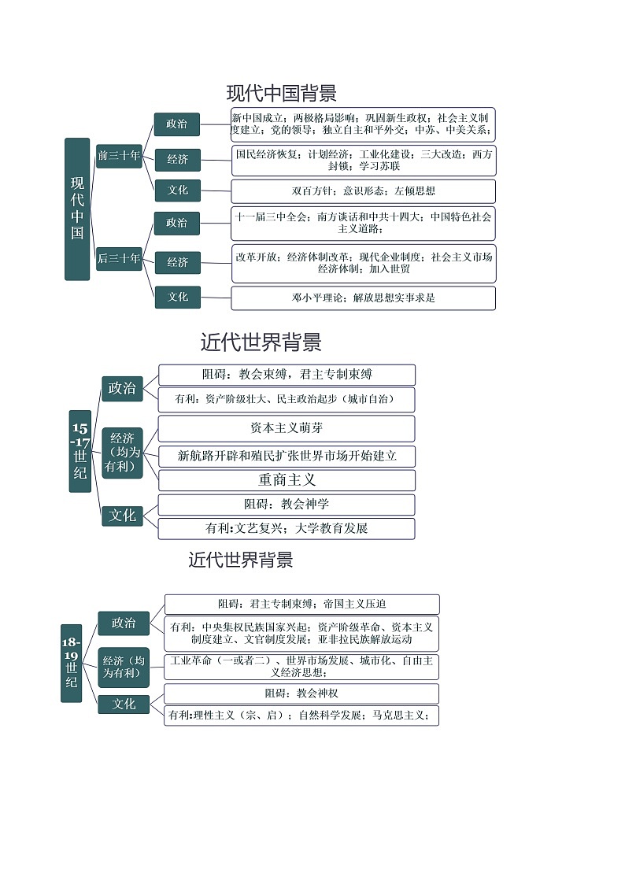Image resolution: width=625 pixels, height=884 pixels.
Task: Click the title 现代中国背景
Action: (281, 93)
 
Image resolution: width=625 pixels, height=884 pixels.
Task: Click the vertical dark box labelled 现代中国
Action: (77, 209)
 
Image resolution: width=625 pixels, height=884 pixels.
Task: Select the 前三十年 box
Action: (119, 156)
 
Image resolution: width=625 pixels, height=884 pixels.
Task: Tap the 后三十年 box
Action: (119, 258)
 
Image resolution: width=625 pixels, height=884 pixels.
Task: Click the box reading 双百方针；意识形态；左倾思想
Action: (363, 191)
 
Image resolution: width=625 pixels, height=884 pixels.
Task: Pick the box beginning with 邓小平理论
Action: (363, 298)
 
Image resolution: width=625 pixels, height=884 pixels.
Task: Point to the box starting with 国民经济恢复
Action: (363, 160)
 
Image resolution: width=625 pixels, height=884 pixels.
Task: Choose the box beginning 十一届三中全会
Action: (363, 223)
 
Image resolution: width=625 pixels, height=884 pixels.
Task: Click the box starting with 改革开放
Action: (363, 263)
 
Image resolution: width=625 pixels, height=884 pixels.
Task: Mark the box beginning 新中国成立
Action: (363, 124)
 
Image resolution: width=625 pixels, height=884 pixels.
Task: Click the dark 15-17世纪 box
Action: (80, 450)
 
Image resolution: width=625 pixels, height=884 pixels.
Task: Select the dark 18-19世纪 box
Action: (71, 663)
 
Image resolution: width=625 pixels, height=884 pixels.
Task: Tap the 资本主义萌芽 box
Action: (287, 428)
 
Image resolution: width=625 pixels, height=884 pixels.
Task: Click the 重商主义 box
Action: (287, 479)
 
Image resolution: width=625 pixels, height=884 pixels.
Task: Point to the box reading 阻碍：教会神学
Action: (287, 505)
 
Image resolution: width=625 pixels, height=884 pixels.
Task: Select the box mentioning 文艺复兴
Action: (287, 528)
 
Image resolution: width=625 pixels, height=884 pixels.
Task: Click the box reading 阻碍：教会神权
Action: (301, 694)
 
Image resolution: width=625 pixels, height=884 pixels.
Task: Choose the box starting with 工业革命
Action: (301, 667)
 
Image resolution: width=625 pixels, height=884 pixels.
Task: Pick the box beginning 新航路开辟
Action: (287, 456)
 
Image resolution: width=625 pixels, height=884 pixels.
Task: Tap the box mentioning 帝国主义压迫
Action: (301, 605)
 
